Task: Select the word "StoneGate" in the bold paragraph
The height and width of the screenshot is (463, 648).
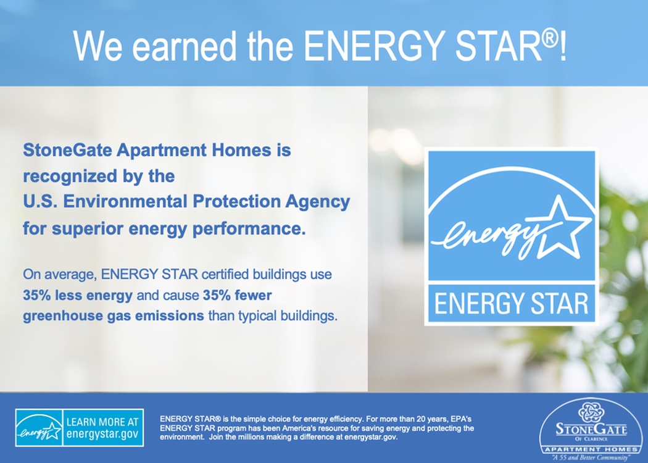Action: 67,149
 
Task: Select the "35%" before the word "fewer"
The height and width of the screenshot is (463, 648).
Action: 216,295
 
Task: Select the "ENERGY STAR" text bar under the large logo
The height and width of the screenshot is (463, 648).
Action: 511,303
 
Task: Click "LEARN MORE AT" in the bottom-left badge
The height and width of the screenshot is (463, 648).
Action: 102,422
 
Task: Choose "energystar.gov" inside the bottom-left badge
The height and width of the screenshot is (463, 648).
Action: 102,434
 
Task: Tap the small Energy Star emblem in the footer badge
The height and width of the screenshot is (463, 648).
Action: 39,428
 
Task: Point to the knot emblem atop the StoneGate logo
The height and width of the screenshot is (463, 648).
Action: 591,412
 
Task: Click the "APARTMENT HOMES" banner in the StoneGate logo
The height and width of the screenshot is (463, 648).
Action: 591,449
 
